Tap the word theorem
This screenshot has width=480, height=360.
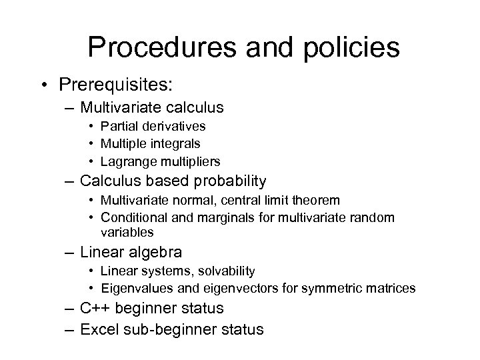pos(317,200)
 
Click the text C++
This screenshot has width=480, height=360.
pos(95,309)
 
